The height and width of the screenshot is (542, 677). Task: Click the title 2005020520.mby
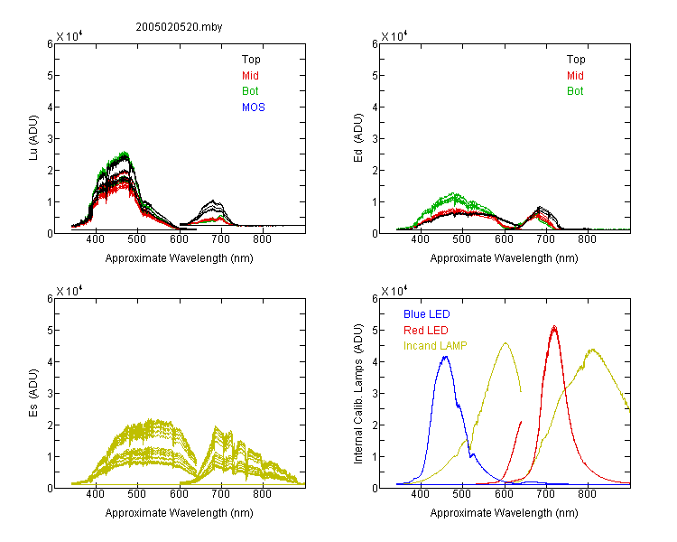pos(179,27)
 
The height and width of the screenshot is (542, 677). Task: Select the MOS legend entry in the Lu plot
pos(254,107)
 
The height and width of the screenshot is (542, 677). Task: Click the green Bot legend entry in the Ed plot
pos(575,91)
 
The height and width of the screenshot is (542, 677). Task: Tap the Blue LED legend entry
pos(427,314)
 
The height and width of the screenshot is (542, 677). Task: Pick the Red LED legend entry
pos(426,331)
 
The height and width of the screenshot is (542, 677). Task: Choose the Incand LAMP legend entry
pos(435,346)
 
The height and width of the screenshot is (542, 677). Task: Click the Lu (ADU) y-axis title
pos(33,138)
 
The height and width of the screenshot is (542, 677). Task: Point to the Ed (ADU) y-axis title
pos(358,138)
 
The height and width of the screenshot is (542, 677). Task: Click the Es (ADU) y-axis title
pos(33,393)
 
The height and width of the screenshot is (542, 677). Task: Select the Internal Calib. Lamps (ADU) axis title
pos(358,394)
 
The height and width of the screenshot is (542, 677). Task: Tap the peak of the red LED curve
pos(554,326)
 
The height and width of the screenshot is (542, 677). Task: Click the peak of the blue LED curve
pos(446,357)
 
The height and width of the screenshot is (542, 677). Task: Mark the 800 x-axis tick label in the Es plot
pos(262,494)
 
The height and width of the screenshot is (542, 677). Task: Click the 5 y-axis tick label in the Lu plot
pos(50,76)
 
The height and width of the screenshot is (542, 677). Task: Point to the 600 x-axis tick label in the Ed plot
pos(504,239)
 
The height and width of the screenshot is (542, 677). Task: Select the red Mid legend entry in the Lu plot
pos(250,76)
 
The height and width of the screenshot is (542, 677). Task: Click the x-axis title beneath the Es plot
pos(180,513)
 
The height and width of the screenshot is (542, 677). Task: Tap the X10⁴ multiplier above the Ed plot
pos(394,36)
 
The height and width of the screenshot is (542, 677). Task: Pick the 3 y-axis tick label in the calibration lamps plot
pos(375,394)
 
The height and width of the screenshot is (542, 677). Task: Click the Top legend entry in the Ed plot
pos(576,60)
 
